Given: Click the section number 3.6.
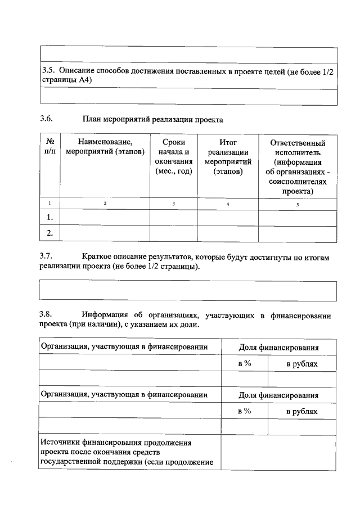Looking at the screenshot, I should click(x=46, y=119).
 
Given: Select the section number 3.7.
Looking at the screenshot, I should click(x=46, y=257).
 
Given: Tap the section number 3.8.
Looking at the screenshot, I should click(x=46, y=314).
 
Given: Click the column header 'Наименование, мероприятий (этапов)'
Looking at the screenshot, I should click(x=105, y=147).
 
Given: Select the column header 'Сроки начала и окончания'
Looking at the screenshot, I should click(x=173, y=157).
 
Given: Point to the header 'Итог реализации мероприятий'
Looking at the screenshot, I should click(x=227, y=157).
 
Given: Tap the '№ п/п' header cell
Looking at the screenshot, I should click(x=49, y=147).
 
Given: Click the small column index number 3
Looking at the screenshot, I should click(x=173, y=203).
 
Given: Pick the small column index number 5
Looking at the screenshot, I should click(x=298, y=204).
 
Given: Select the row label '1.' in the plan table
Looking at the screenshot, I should click(x=49, y=217).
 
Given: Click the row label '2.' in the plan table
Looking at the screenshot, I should click(x=49, y=232).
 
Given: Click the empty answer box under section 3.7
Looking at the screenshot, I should click(x=188, y=291).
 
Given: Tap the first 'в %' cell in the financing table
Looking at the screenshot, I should click(x=244, y=363).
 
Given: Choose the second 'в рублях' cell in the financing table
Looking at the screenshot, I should click(x=302, y=411).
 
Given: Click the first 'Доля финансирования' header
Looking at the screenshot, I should click(x=278, y=348).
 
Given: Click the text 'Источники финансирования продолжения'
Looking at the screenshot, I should click(x=116, y=443).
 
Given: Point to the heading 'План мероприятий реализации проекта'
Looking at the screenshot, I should click(x=152, y=119).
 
